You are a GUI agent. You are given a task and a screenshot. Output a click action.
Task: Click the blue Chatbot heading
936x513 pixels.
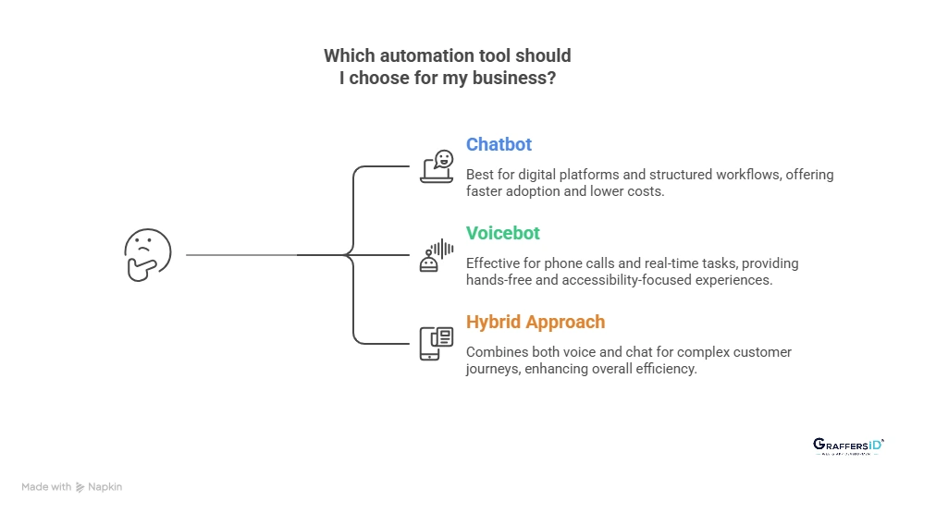pos(499,144)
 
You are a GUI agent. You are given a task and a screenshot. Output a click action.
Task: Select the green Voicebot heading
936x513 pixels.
pos(503,233)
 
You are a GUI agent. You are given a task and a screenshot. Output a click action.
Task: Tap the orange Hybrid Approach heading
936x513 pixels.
pos(536,322)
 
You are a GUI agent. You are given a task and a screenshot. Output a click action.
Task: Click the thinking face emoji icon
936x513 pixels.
pos(148,254)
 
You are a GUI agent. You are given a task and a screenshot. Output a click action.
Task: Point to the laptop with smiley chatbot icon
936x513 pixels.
pos(437,166)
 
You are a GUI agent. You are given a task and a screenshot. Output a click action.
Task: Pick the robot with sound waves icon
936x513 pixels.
pos(437,254)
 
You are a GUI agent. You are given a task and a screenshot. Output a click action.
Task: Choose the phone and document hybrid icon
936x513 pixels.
pos(437,343)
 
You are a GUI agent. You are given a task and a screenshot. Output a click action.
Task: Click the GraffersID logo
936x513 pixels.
pos(848,446)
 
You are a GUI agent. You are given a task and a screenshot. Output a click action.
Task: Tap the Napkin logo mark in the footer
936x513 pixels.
pos(80,487)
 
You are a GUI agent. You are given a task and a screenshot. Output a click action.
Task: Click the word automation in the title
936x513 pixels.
pos(428,56)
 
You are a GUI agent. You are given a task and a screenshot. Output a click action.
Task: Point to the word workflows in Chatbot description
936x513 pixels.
pos(743,174)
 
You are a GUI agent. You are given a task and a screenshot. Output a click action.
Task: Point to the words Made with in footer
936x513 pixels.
pos(46,487)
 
